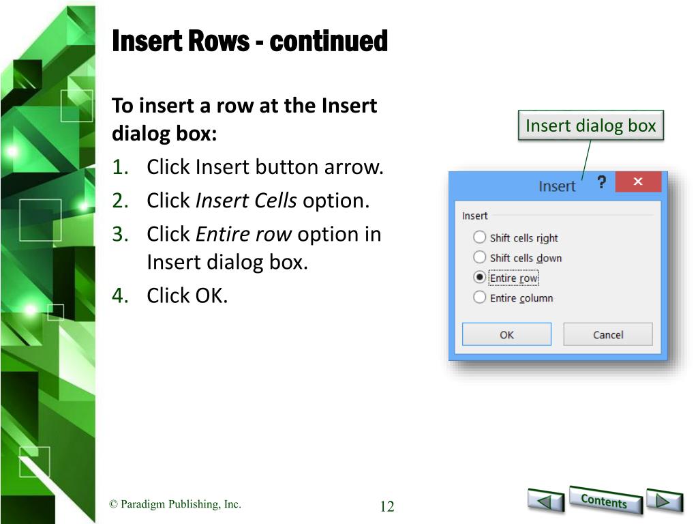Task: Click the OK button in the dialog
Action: (506, 334)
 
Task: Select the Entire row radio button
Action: (479, 277)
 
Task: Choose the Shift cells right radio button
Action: (479, 237)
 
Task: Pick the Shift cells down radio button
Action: (479, 257)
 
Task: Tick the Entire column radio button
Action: (479, 297)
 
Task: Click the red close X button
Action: (638, 181)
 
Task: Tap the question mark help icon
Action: (601, 181)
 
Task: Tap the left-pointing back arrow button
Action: (546, 500)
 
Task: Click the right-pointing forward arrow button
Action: (664, 500)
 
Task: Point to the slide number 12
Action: (387, 506)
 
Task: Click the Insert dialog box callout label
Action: (591, 126)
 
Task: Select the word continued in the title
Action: (329, 41)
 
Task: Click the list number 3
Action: (120, 235)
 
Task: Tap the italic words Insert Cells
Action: (246, 201)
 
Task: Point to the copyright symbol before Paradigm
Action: (114, 504)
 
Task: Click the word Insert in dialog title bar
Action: (557, 186)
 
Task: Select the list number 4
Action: (120, 295)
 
